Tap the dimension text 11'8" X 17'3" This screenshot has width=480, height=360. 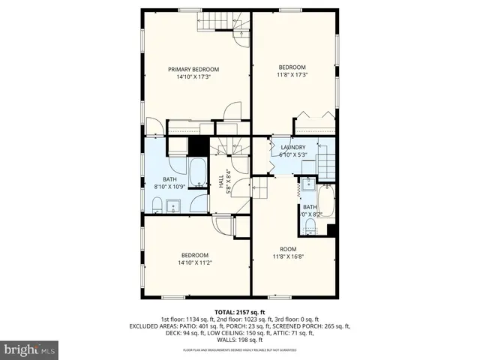(x=292, y=74)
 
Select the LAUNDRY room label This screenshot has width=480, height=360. (x=292, y=147)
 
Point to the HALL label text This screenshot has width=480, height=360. (x=221, y=182)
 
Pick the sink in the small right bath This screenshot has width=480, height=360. (x=308, y=184)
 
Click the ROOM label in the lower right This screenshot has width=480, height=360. (x=289, y=249)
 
